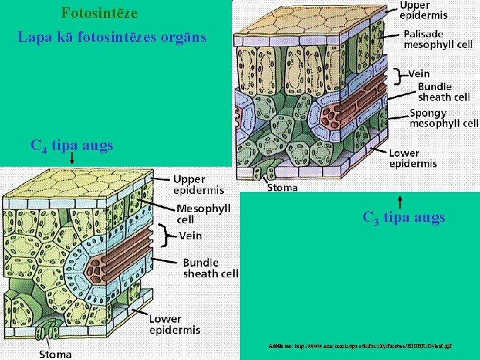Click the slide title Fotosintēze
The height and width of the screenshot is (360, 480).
[99, 13]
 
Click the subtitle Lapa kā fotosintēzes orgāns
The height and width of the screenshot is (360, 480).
[112, 37]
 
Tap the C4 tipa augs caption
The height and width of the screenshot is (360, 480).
[72, 145]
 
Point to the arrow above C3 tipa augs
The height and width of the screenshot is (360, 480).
[400, 201]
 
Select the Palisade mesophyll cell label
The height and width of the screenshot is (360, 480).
[438, 38]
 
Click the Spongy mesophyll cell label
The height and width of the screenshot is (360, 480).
[443, 118]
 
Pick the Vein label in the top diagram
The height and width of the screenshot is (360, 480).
[419, 74]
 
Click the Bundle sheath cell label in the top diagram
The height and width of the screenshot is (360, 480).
[443, 92]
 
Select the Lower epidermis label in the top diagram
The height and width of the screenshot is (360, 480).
[413, 158]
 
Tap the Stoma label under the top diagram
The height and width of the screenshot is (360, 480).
[283, 188]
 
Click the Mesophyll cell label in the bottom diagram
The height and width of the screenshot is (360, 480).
[203, 213]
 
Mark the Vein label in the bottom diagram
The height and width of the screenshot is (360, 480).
[191, 235]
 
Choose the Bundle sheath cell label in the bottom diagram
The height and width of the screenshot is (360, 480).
[211, 268]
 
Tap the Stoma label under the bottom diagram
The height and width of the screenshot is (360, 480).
[55, 354]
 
